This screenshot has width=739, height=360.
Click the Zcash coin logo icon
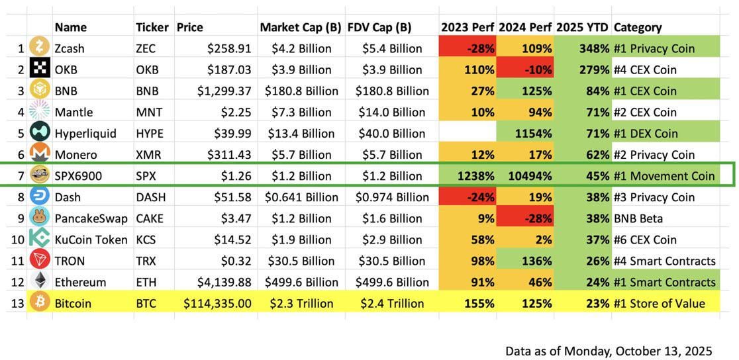40,48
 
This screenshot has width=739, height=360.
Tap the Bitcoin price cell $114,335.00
217,303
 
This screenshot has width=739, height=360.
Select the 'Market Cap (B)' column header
301,27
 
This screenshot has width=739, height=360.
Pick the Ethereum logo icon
40,281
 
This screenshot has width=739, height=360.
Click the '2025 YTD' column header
582,27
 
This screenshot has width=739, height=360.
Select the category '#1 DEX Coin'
646,133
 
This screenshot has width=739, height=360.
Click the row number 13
18,303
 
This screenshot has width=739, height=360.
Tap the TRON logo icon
40,260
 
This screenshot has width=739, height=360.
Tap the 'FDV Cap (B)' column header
379,27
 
